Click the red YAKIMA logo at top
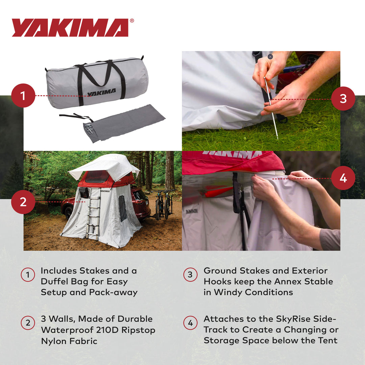70,28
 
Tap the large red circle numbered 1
23,96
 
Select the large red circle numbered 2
23,202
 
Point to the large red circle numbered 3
343,99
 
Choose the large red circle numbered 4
343,178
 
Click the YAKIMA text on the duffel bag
101,92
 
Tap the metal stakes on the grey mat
89,129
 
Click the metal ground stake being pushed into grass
271,108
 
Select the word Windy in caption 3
227,292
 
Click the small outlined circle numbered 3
190,275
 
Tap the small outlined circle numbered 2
28,323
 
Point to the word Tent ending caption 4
327,340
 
